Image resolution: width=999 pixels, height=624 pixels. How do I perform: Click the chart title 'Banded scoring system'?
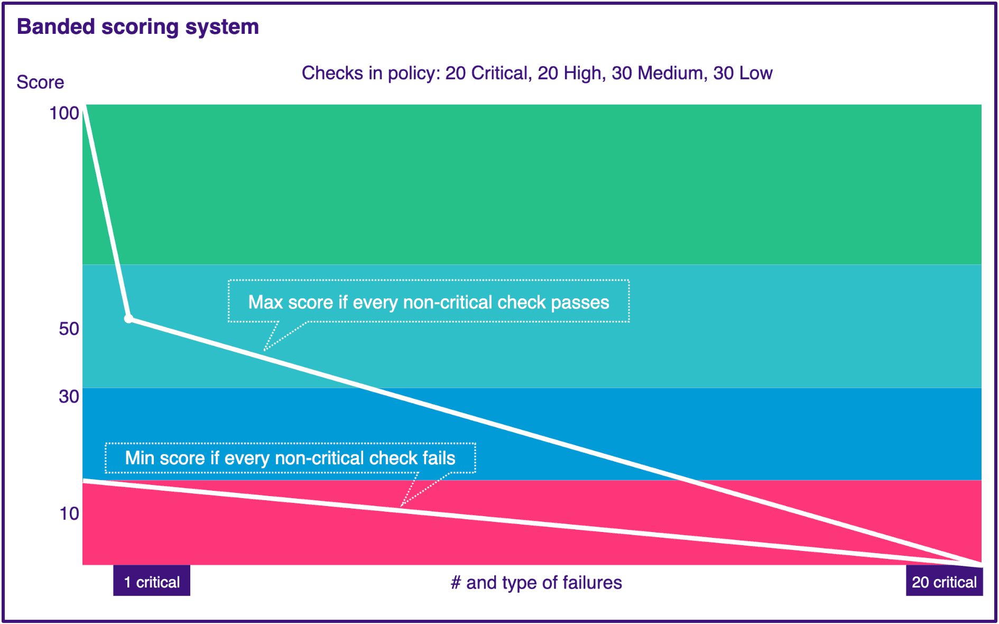pyautogui.click(x=137, y=26)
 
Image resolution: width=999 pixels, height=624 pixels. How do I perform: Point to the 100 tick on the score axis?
pyautogui.click(x=64, y=113)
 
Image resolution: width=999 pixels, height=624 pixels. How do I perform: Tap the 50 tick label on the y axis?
pyautogui.click(x=69, y=329)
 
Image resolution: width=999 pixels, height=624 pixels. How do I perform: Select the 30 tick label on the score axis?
pyautogui.click(x=69, y=397)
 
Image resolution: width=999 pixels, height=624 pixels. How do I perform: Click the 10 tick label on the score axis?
pyautogui.click(x=69, y=513)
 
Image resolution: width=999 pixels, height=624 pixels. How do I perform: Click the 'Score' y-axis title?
pyautogui.click(x=40, y=82)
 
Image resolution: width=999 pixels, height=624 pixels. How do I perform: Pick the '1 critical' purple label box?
pyautogui.click(x=152, y=582)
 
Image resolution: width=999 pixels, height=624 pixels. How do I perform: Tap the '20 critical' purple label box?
pyautogui.click(x=944, y=582)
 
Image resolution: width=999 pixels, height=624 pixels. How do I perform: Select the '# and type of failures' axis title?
pyautogui.click(x=536, y=583)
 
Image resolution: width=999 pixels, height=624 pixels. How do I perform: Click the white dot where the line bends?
pyautogui.click(x=128, y=319)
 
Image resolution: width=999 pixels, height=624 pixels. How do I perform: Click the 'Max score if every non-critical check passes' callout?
pyautogui.click(x=428, y=301)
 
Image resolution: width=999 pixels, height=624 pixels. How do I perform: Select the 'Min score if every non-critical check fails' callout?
pyautogui.click(x=290, y=458)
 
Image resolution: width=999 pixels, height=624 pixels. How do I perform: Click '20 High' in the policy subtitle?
pyautogui.click(x=569, y=73)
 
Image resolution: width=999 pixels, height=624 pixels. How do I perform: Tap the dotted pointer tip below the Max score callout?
pyautogui.click(x=265, y=350)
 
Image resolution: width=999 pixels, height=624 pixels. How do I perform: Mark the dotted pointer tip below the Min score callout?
pyautogui.click(x=402, y=506)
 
